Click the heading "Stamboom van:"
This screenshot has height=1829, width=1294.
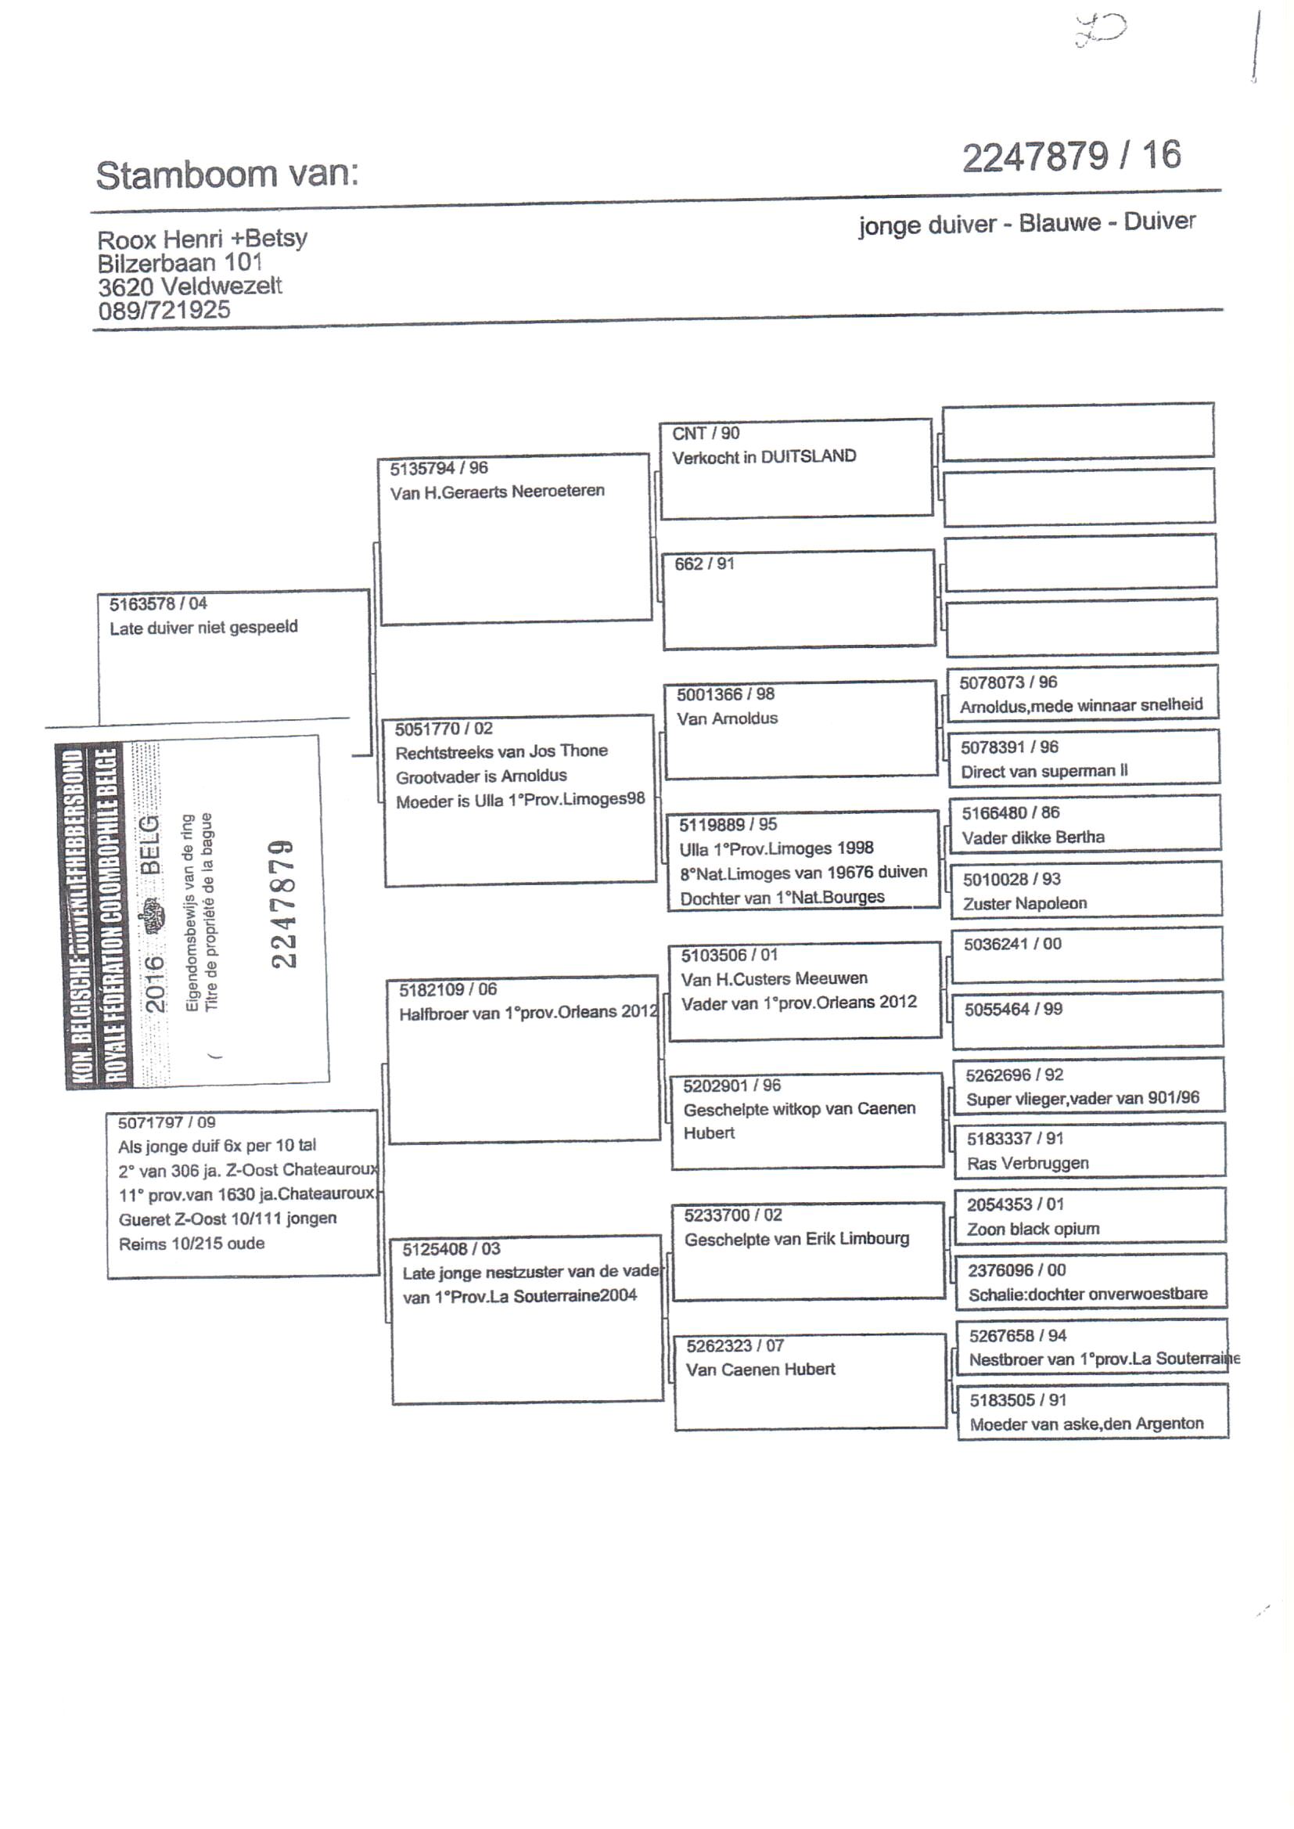tap(227, 175)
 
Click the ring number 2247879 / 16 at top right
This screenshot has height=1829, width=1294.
tap(1071, 157)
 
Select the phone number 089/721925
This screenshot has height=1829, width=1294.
tap(164, 310)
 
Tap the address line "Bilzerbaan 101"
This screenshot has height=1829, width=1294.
tap(180, 262)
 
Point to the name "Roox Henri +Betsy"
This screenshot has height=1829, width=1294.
tap(203, 238)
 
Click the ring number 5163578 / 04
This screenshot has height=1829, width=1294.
tap(159, 603)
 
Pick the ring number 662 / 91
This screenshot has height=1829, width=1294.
tap(704, 564)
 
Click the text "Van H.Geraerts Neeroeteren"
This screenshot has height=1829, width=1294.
tap(498, 491)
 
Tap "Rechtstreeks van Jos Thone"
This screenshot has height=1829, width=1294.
tap(501, 751)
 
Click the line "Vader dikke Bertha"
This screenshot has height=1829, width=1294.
tap(1033, 837)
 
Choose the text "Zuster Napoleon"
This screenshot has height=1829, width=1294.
tap(1025, 904)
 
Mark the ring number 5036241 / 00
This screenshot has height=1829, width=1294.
tap(1012, 945)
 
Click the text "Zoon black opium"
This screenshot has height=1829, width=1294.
tap(1033, 1229)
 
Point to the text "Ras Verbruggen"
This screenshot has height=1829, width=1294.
tap(1028, 1164)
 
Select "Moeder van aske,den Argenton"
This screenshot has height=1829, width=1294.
tap(1086, 1424)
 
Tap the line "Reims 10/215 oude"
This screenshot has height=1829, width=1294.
tap(191, 1244)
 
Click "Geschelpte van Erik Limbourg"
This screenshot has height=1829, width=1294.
tap(796, 1239)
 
